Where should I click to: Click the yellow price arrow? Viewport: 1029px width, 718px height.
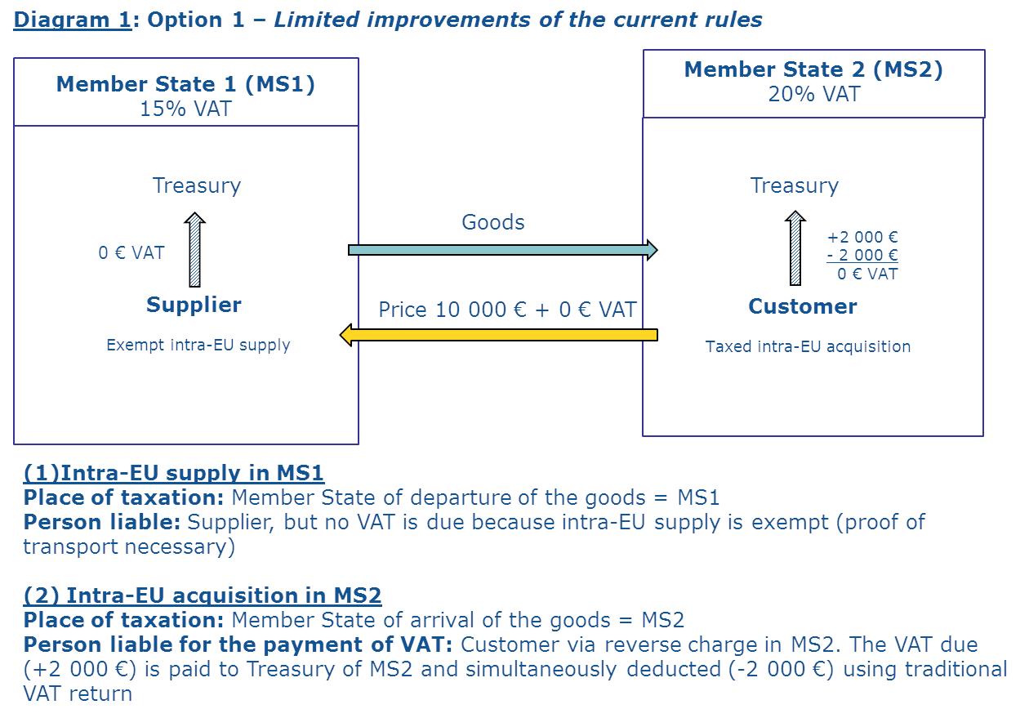[498, 335]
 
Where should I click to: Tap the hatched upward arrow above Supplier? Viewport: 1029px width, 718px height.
[194, 250]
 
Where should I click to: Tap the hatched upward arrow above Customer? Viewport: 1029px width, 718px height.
[795, 248]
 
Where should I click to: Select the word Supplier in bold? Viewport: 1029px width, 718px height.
[194, 305]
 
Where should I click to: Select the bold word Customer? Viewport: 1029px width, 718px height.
[802, 306]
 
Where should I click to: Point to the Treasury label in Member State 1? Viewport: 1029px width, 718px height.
[197, 185]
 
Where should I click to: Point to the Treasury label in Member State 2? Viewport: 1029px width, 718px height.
[794, 185]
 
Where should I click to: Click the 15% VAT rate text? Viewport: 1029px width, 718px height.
[185, 109]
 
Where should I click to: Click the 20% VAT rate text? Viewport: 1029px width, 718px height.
[813, 94]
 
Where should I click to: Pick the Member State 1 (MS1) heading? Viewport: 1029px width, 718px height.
[185, 84]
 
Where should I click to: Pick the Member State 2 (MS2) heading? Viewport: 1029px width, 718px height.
[813, 69]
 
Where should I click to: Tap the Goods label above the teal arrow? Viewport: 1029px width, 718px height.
[492, 222]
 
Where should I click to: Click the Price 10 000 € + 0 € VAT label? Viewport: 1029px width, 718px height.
[507, 310]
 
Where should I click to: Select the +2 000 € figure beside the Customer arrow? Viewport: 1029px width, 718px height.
[862, 238]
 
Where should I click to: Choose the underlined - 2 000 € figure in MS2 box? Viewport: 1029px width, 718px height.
[862, 256]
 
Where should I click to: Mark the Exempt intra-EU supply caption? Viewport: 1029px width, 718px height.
[198, 345]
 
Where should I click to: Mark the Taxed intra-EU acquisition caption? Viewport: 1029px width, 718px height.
[808, 346]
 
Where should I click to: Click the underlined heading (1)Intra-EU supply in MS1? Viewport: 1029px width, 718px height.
[173, 473]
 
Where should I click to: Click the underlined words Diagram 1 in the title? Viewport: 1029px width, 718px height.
[72, 20]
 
